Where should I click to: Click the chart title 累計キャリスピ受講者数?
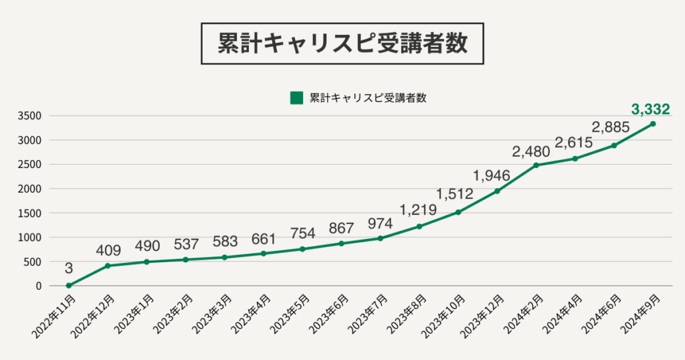pyautogui.click(x=342, y=43)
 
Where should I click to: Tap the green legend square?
pyautogui.click(x=296, y=98)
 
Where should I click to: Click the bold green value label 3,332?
pyautogui.click(x=650, y=109)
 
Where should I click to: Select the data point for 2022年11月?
pyautogui.click(x=69, y=286)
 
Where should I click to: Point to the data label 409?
pyautogui.click(x=108, y=251)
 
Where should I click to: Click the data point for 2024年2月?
pyautogui.click(x=536, y=165)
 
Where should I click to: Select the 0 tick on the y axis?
pyautogui.click(x=39, y=286)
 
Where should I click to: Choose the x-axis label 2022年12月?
pyautogui.click(x=92, y=318)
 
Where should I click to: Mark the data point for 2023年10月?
pyautogui.click(x=458, y=212)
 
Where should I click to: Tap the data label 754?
pyautogui.click(x=302, y=234)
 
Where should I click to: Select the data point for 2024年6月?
pyautogui.click(x=614, y=145)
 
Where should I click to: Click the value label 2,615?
pyautogui.click(x=574, y=143)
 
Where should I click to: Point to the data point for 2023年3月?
pyautogui.click(x=224, y=258)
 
